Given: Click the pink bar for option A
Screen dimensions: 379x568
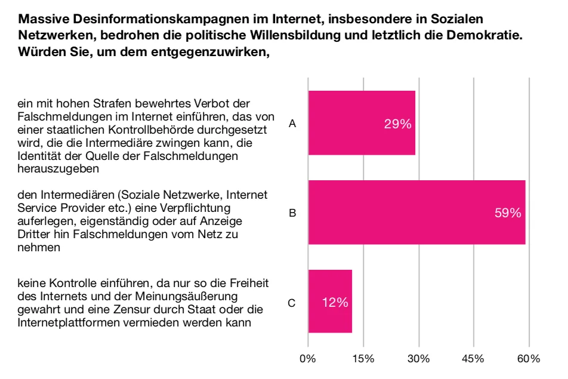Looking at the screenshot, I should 361,123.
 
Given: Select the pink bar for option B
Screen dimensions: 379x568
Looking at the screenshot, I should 416,212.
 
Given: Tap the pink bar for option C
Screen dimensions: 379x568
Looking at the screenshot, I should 330,302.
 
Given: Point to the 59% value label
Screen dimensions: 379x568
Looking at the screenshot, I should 508,213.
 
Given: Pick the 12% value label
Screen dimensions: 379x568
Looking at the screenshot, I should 335,303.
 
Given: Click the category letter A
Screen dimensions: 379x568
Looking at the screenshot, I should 292,124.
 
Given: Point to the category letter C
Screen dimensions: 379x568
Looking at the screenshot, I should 292,303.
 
